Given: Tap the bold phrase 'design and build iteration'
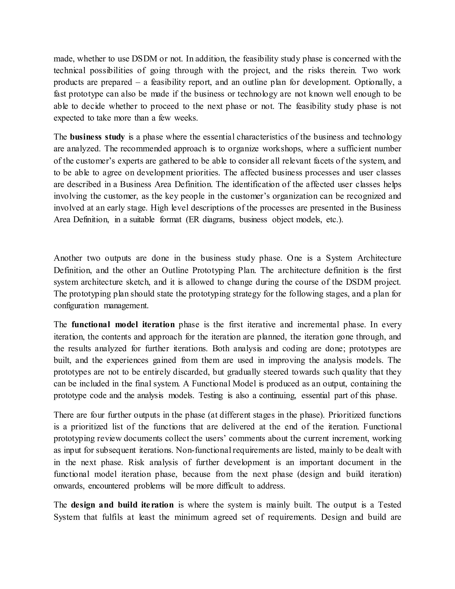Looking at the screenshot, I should (x=122, y=505).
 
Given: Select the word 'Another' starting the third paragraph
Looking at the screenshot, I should (x=68, y=258).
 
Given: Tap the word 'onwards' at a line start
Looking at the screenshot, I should (x=68, y=486).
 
